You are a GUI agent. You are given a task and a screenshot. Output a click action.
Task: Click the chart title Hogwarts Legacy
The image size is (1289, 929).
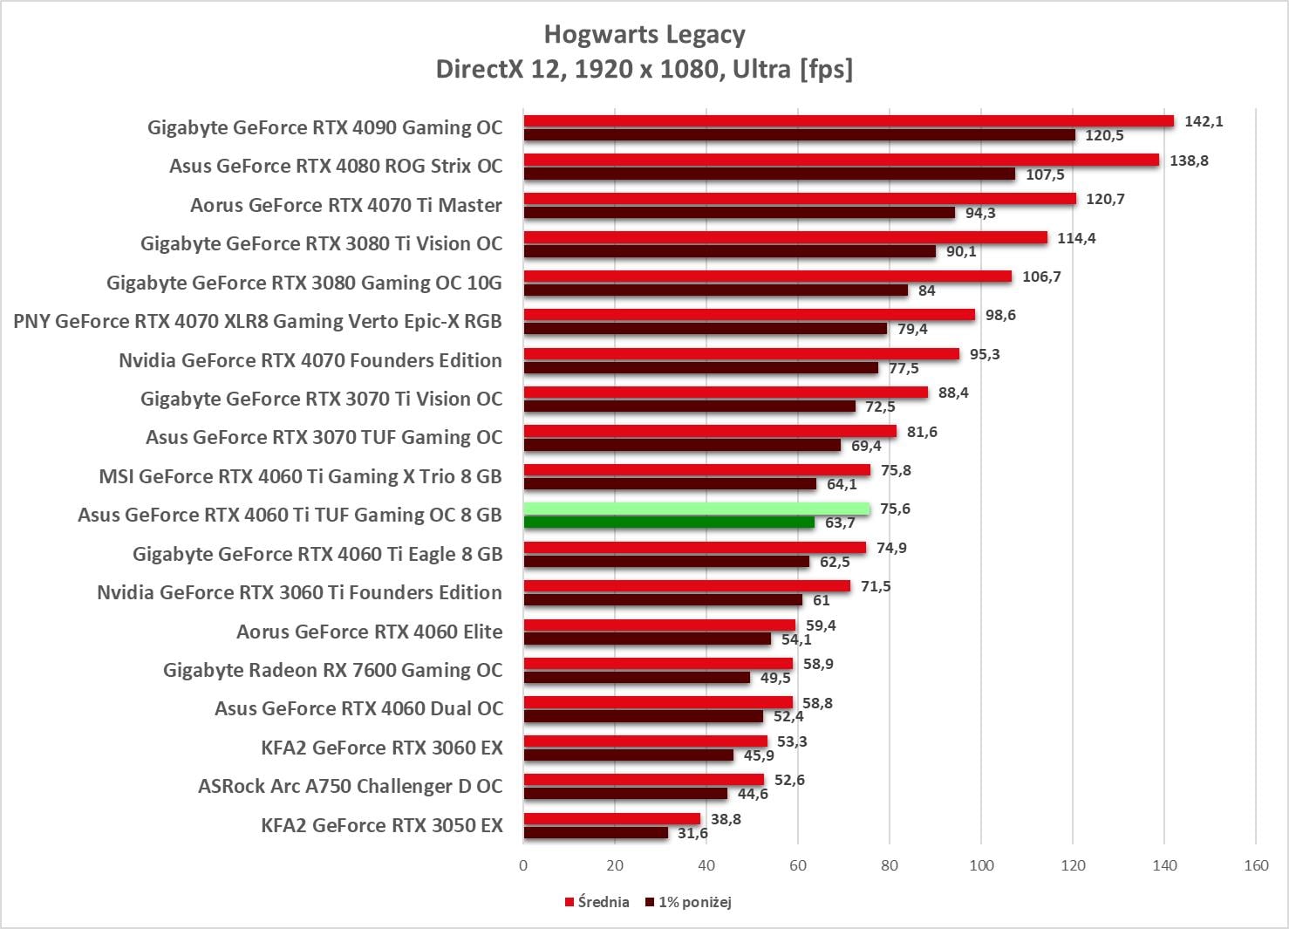[x=644, y=35]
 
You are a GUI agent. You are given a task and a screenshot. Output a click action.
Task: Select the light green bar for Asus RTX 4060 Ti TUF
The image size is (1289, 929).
[x=696, y=509]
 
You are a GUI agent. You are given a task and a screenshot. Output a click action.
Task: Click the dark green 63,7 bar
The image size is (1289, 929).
[x=669, y=523]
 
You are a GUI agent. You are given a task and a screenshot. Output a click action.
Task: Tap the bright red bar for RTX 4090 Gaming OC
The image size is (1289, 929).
[x=848, y=121]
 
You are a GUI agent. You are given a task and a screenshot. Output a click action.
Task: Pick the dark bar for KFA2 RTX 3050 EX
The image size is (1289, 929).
[x=596, y=833]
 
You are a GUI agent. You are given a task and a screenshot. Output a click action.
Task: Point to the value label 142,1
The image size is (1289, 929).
[x=1204, y=121]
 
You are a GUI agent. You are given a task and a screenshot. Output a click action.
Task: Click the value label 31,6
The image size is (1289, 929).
[x=692, y=833]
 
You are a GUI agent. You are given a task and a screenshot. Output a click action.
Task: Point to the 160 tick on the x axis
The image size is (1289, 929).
[x=1256, y=865]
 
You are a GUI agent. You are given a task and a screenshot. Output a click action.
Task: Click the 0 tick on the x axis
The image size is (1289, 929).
[x=523, y=865]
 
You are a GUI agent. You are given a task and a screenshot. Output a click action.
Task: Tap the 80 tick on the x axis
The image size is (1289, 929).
[x=890, y=865]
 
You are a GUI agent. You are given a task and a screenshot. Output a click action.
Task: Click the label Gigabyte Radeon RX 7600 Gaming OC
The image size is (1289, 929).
[x=332, y=670]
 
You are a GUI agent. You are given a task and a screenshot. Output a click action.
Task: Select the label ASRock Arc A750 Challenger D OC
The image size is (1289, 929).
[x=350, y=786]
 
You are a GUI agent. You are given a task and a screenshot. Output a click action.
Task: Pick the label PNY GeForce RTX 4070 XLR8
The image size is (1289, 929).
[x=257, y=321]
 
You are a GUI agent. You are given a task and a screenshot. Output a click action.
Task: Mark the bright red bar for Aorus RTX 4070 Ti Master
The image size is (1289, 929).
[x=799, y=199]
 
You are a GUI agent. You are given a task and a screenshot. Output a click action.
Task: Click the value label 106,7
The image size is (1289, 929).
[x=1041, y=277]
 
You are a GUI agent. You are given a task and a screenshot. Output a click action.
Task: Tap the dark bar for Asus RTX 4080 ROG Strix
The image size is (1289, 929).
[x=769, y=174]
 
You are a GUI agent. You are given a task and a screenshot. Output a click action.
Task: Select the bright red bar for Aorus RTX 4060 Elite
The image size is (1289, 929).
[x=659, y=625]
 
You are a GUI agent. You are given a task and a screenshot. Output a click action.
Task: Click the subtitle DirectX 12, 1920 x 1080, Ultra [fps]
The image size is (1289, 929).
[x=644, y=69]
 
